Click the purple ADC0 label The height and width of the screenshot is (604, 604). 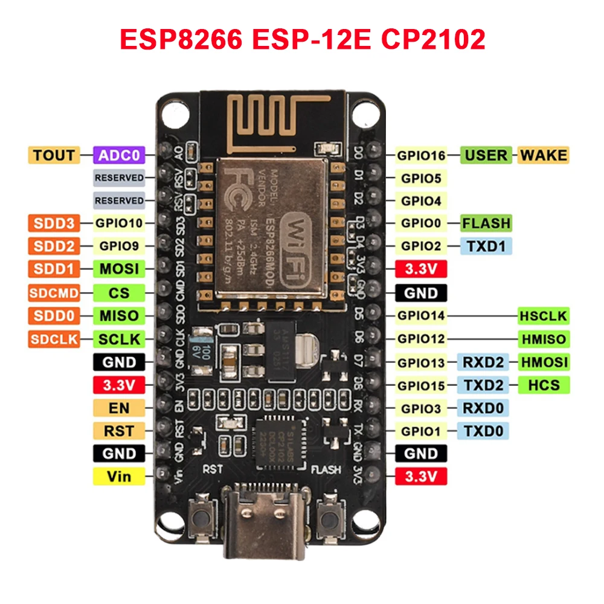[x=119, y=155]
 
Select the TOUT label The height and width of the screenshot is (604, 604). [x=54, y=155]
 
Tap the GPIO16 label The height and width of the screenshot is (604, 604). [x=421, y=155]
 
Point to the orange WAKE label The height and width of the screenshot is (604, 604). [x=543, y=155]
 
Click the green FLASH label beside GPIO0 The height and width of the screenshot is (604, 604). [x=486, y=223]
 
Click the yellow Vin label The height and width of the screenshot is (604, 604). [x=119, y=477]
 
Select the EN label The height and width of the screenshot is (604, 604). [x=119, y=408]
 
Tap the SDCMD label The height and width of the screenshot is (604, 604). [x=54, y=293]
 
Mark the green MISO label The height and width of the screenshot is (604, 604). [x=119, y=315]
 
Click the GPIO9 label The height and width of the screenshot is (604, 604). [x=119, y=246]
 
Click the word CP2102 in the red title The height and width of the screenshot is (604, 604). [x=433, y=39]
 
